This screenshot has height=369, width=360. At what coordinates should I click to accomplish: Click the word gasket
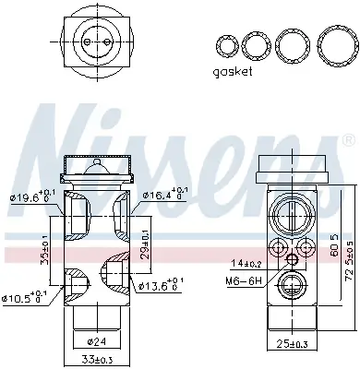click(x=233, y=72)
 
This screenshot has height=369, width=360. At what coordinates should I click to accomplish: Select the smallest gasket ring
click(x=228, y=46)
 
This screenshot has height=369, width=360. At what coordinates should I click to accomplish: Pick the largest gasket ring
click(x=338, y=47)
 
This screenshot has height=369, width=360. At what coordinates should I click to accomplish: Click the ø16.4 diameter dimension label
click(x=165, y=194)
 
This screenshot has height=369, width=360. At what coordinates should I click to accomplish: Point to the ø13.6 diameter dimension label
click(x=162, y=285)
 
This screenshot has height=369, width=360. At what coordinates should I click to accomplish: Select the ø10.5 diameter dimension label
click(x=24, y=297)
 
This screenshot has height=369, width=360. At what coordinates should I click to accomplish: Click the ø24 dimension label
click(x=97, y=341)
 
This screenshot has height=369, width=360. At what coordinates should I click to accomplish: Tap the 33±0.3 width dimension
click(x=96, y=359)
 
